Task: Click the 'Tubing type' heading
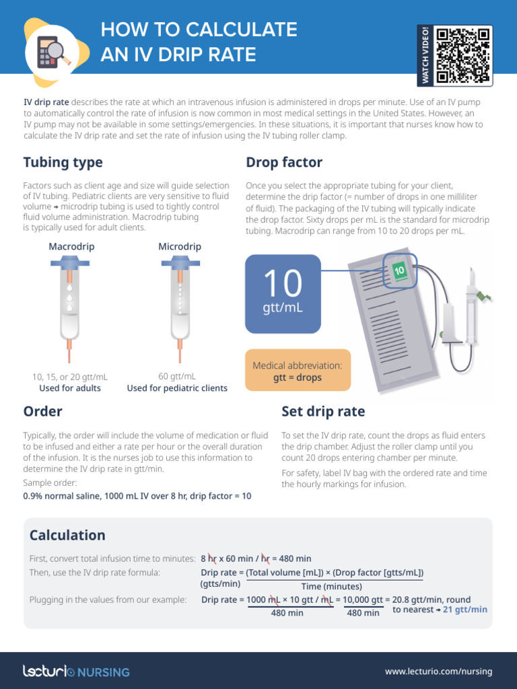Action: [x=63, y=162]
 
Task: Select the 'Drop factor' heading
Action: [x=284, y=162]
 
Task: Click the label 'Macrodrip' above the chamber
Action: [x=71, y=247]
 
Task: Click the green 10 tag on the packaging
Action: [x=399, y=270]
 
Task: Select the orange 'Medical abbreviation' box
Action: [x=298, y=371]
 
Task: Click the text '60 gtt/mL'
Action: [x=177, y=376]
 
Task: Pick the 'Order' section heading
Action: [x=42, y=411]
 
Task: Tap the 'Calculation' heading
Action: [x=67, y=535]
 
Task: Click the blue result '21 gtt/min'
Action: [x=465, y=610]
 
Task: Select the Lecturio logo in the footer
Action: [x=76, y=671]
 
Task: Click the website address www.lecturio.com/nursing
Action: [x=438, y=671]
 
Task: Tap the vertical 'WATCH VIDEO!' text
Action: [x=425, y=56]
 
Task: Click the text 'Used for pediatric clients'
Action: [x=177, y=388]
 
